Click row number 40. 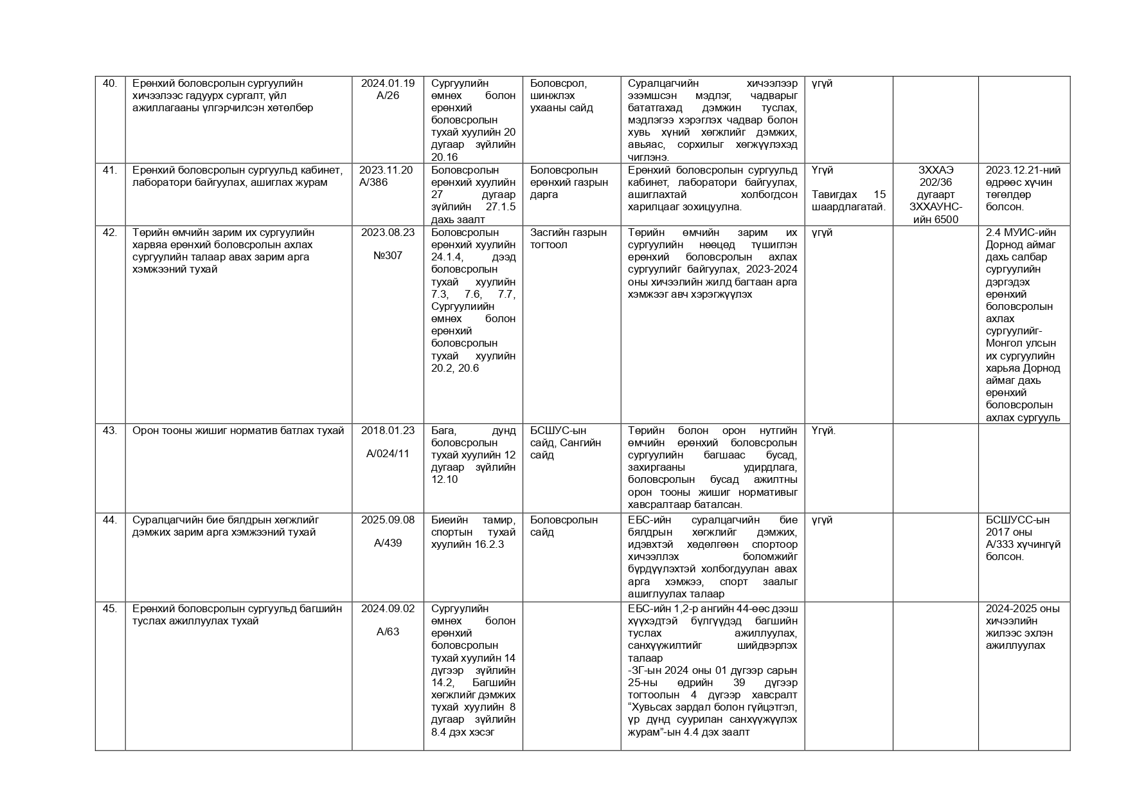click(x=110, y=84)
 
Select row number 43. click(x=110, y=431)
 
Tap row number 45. click(x=110, y=609)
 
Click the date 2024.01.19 click(x=388, y=84)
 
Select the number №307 click(x=388, y=256)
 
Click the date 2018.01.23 click(x=388, y=431)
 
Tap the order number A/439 click(x=388, y=543)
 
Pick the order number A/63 click(x=388, y=632)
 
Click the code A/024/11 click(x=388, y=454)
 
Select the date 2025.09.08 click(x=388, y=520)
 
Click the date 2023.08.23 click(x=388, y=233)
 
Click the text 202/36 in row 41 click(x=935, y=183)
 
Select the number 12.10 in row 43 click(x=445, y=480)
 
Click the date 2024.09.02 click(x=388, y=609)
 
